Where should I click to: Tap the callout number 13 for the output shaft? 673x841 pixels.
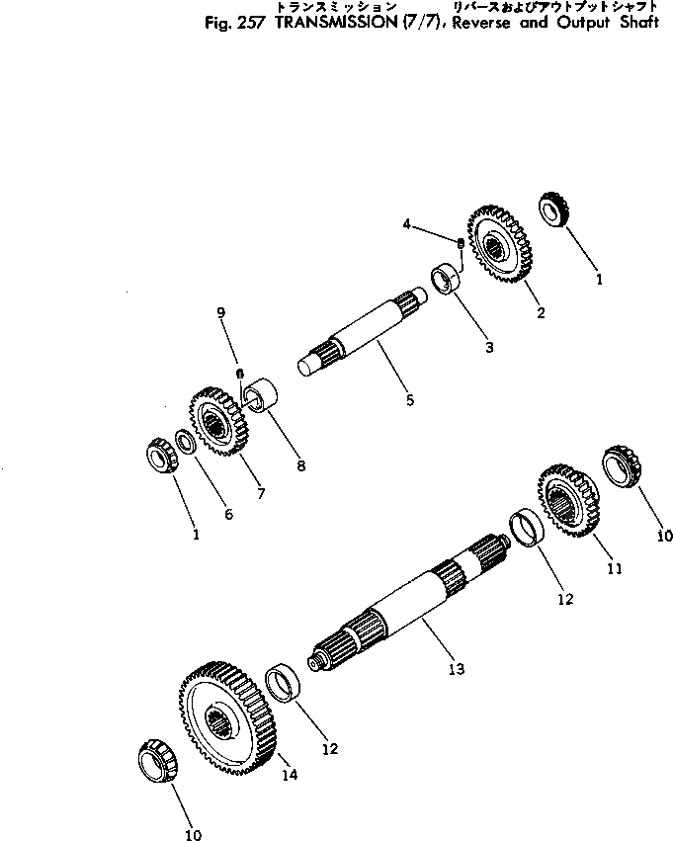click(x=455, y=669)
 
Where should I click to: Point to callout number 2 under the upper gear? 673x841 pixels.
click(x=541, y=313)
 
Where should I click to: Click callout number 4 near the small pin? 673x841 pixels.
click(x=405, y=225)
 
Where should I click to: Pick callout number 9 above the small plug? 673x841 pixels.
click(x=221, y=313)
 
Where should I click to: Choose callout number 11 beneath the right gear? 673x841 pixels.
click(x=614, y=569)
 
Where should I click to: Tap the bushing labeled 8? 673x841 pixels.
click(x=262, y=396)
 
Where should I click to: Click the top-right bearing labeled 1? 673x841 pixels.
click(x=552, y=212)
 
